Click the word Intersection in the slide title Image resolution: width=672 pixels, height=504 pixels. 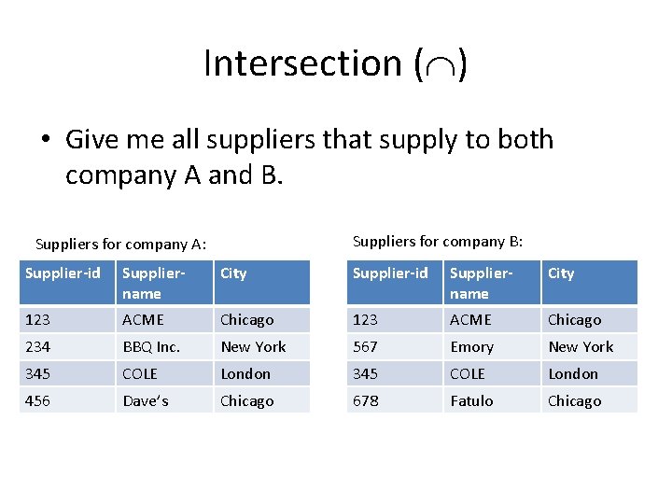(x=301, y=63)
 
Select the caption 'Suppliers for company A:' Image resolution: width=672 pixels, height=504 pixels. (x=120, y=245)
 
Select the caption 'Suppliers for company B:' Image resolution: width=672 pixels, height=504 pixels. (x=438, y=242)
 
